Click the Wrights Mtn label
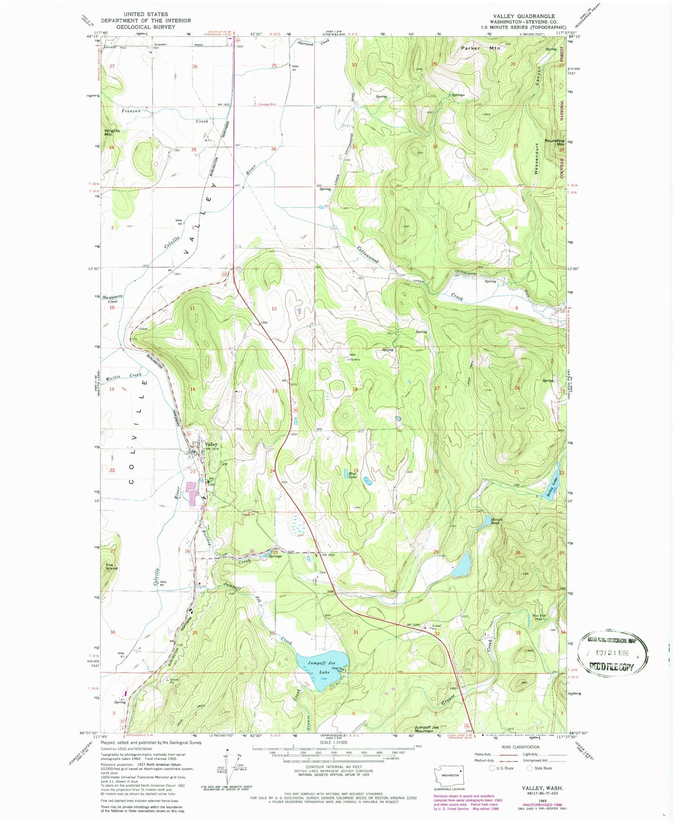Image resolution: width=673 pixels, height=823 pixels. point(112,133)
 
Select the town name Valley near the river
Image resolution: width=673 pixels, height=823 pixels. point(211,444)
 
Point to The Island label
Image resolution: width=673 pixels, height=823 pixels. point(111,567)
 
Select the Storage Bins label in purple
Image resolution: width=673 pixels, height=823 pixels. point(267,104)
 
